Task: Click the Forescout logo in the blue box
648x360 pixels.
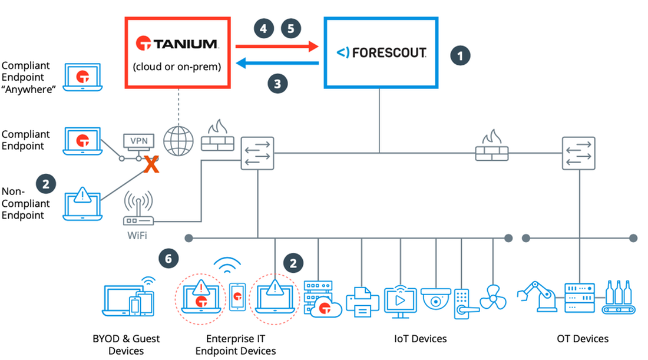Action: (381, 53)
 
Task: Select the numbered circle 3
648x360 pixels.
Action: (277, 83)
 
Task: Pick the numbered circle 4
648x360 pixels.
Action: (264, 28)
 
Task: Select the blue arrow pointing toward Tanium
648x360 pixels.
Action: (277, 63)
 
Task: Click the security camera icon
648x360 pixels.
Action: (436, 299)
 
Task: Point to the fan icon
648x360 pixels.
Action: (493, 297)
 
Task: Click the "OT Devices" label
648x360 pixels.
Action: (582, 339)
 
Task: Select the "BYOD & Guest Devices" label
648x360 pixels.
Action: (126, 345)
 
